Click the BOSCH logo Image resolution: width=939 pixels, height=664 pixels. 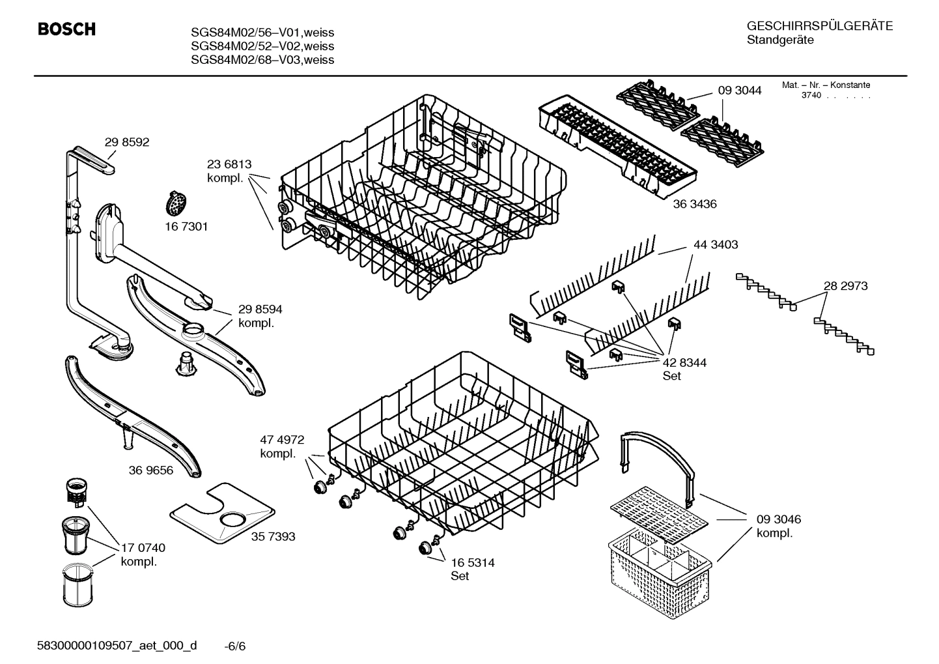(66, 29)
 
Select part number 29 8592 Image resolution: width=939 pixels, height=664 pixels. (127, 142)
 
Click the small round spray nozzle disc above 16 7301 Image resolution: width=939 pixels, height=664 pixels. (175, 203)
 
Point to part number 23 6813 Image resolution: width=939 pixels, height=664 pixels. (229, 165)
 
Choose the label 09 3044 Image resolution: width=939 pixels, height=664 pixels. (739, 91)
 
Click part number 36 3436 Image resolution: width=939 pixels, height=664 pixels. (694, 204)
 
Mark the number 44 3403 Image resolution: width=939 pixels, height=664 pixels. (716, 245)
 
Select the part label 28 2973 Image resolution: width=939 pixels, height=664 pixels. (845, 285)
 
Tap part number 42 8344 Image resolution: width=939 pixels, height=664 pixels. (684, 362)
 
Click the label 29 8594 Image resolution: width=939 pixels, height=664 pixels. (260, 310)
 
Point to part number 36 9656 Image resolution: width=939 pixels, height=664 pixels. (151, 470)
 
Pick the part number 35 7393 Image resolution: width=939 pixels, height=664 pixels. (273, 536)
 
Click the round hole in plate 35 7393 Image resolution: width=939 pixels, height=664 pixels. (233, 519)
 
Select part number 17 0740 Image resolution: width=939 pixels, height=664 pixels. (143, 548)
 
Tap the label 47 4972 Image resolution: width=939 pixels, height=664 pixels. (282, 440)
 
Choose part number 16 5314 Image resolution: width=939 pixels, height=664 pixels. (472, 562)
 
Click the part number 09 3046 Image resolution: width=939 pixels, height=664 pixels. (778, 519)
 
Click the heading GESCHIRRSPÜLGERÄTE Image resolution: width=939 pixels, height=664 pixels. (819, 26)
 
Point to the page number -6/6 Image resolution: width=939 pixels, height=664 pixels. (234, 646)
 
